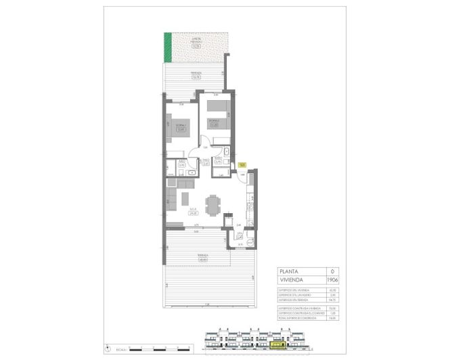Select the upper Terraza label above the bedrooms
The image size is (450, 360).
[x=196, y=75]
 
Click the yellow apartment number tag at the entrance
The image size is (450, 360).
[x=242, y=164]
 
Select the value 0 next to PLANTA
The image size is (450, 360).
[x=332, y=271]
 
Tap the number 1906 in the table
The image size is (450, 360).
[x=332, y=279]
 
